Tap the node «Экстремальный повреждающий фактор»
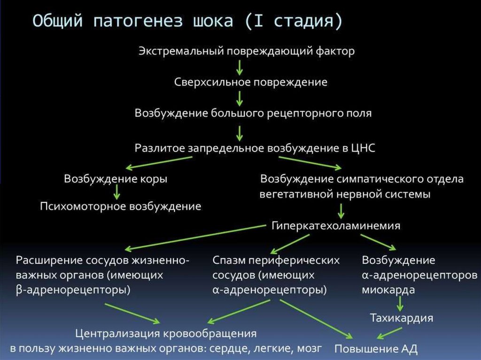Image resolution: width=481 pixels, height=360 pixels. click(x=247, y=51)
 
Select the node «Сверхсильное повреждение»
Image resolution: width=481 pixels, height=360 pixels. click(x=251, y=82)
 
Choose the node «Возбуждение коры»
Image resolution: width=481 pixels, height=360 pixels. click(x=116, y=179)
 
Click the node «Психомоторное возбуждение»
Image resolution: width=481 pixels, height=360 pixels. click(x=121, y=206)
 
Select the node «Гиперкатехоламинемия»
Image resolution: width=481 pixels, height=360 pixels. click(x=336, y=226)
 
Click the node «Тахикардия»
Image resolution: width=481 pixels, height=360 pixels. click(x=401, y=318)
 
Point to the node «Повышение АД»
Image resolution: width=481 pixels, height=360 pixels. click(x=376, y=349)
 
